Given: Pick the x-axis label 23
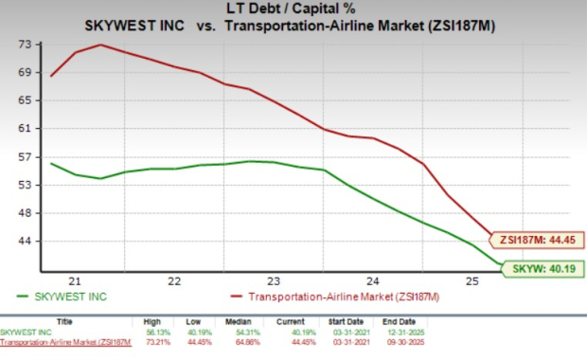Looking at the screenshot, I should click(x=274, y=281).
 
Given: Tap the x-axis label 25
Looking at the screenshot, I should click(x=471, y=281).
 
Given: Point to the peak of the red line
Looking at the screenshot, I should click(x=100, y=45).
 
